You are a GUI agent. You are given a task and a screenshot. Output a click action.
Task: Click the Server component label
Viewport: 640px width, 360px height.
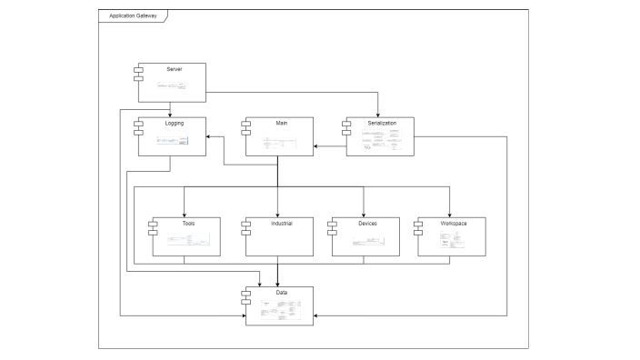pyautogui.click(x=175, y=69)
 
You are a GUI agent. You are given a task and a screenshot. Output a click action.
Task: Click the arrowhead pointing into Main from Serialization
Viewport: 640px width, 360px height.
pyautogui.click(x=315, y=146)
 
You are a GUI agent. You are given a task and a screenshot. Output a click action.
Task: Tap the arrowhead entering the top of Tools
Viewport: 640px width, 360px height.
pyautogui.click(x=184, y=215)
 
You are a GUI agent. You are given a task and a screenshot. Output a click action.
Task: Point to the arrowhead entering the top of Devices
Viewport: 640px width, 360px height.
pyautogui.click(x=364, y=215)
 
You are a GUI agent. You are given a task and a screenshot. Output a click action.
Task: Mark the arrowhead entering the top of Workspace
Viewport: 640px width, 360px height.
pyautogui.click(x=450, y=215)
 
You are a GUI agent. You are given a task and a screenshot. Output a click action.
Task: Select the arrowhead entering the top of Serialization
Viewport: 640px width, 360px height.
pyautogui.click(x=377, y=115)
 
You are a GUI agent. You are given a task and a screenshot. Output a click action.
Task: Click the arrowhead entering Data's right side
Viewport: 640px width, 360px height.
pyautogui.click(x=315, y=315)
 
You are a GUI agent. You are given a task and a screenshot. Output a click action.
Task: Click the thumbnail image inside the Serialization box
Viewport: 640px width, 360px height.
pyautogui.click(x=381, y=142)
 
